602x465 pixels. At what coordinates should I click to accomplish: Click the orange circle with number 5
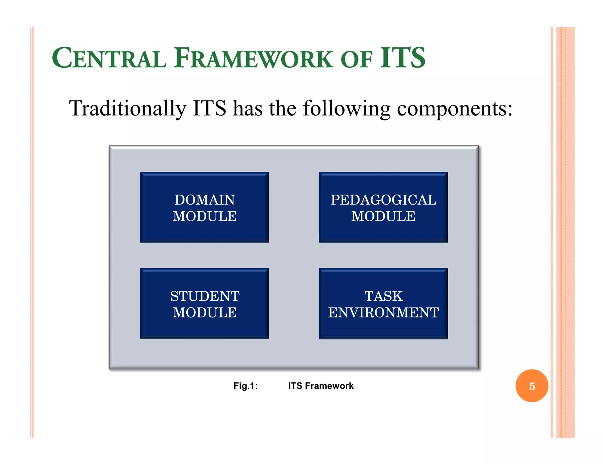(531, 386)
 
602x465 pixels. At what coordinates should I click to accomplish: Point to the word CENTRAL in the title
(109, 58)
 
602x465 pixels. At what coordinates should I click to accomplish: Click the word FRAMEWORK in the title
(253, 58)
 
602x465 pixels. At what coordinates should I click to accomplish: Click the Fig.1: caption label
(245, 386)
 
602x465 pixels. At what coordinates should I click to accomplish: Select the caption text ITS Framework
(321, 386)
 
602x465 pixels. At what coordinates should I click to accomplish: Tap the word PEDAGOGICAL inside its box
(383, 200)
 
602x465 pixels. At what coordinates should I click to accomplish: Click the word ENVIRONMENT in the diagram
(383, 312)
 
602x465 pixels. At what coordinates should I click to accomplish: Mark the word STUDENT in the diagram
(205, 296)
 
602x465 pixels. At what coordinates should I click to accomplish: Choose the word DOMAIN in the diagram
(205, 200)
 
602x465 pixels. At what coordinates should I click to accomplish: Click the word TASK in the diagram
(383, 296)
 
